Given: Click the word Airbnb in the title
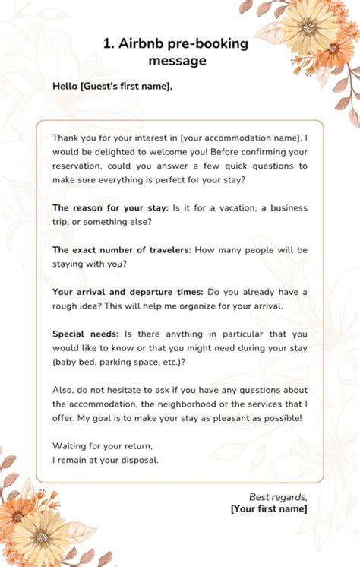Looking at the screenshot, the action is (144, 43).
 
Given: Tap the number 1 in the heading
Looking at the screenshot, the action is (107, 43).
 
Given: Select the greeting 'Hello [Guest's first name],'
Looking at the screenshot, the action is (112, 86).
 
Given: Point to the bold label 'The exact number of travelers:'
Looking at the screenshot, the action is (122, 249).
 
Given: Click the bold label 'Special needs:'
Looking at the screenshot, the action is (84, 334).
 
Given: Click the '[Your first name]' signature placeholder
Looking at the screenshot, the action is (269, 508).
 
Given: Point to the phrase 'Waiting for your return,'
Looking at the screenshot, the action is (98, 445).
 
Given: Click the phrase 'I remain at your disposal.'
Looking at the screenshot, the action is (106, 459).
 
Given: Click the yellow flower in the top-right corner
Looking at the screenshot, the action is (308, 27).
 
